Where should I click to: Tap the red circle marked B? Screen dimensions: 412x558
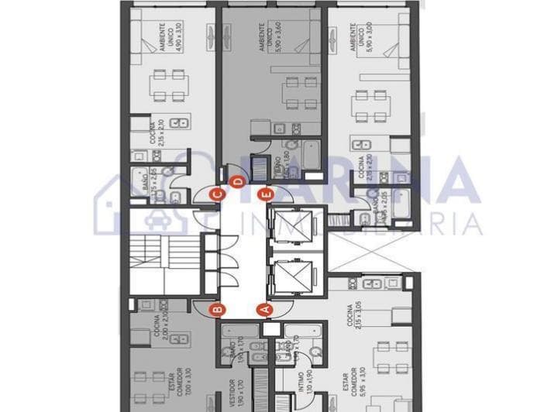(218, 310)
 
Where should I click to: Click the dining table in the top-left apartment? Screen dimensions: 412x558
(168, 85)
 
